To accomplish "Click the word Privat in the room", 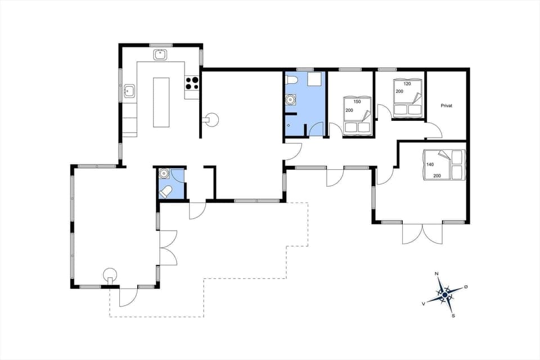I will [447, 106].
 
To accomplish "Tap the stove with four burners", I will [192, 83].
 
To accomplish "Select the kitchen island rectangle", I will [161, 102].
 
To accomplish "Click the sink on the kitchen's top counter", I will [160, 55].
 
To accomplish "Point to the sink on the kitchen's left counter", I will [129, 90].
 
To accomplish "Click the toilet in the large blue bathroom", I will [291, 81].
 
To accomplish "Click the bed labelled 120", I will [407, 98].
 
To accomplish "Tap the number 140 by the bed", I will [430, 165].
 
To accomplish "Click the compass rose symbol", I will [444, 294].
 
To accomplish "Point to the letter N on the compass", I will [437, 274].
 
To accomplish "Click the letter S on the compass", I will [453, 316].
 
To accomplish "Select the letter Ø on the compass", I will [466, 287].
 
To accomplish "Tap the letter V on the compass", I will [423, 303].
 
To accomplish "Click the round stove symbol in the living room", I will [212, 119].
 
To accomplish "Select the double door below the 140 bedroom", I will [422, 234].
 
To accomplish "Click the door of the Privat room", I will [433, 132].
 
